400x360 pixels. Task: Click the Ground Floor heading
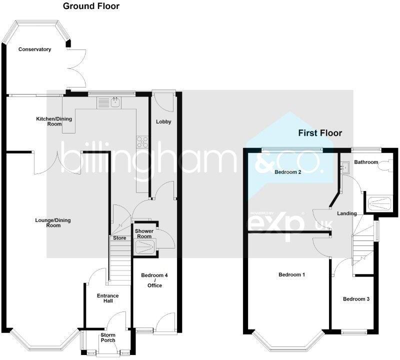91,6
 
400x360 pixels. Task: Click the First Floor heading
320,133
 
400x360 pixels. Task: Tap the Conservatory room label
35,49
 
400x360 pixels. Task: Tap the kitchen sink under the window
115,102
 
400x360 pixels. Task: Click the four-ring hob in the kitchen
142,141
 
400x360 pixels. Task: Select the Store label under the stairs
119,238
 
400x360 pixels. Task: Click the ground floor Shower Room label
144,233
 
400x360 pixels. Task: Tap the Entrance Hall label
108,298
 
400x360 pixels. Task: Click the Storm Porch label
108,337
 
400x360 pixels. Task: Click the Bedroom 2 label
287,172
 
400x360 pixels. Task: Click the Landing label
346,213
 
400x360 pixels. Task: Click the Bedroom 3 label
356,299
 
